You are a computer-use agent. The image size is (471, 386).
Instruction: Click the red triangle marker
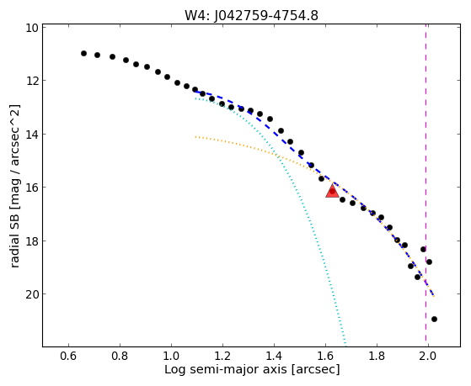332,191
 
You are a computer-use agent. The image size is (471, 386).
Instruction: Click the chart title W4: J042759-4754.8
251,16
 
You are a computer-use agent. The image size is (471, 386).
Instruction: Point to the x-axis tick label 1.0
171,356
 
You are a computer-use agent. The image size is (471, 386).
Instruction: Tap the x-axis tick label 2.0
428,356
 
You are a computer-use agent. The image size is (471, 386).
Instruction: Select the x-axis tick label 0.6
68,356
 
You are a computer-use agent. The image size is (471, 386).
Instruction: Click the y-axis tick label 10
32,28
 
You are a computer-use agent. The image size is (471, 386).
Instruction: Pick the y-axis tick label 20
32,294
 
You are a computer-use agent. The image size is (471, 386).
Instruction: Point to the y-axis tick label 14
32,135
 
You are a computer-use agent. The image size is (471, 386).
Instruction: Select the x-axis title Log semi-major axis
226,369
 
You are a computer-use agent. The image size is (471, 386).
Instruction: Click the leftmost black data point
83,53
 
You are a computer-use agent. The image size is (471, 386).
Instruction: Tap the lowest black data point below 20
434,319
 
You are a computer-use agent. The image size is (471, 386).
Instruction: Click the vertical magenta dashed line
426,185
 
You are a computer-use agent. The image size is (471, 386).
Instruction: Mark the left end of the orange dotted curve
195,137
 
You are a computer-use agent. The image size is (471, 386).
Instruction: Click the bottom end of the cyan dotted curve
345,345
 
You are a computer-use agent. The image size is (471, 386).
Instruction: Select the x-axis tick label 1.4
274,356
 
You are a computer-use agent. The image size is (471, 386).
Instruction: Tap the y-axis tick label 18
32,241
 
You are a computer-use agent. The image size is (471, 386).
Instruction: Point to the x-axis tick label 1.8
377,356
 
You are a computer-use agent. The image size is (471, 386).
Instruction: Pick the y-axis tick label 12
32,81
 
